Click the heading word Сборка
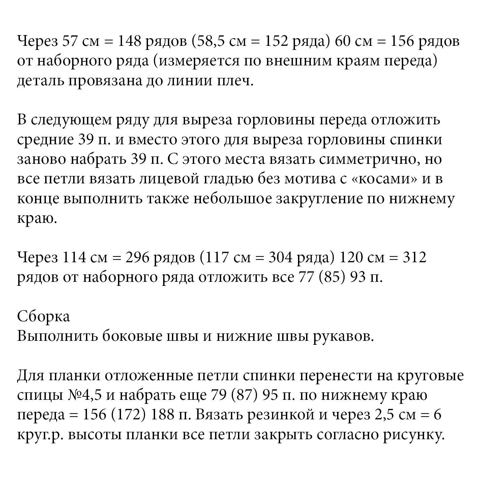[43, 316]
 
